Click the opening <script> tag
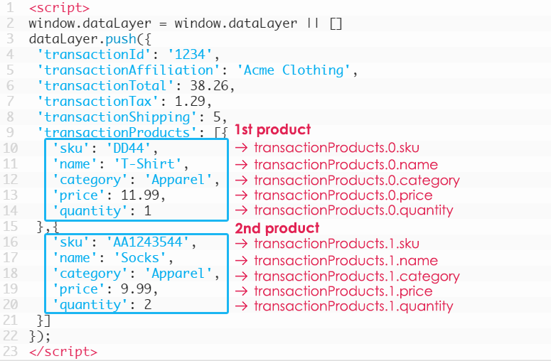point(60,9)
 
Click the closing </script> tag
point(63,351)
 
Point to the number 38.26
point(210,86)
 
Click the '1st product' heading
point(272,130)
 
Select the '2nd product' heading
point(277,228)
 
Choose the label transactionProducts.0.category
point(356,180)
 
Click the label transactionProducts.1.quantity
point(353,306)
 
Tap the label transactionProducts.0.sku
point(336,149)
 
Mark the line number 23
point(9,351)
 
